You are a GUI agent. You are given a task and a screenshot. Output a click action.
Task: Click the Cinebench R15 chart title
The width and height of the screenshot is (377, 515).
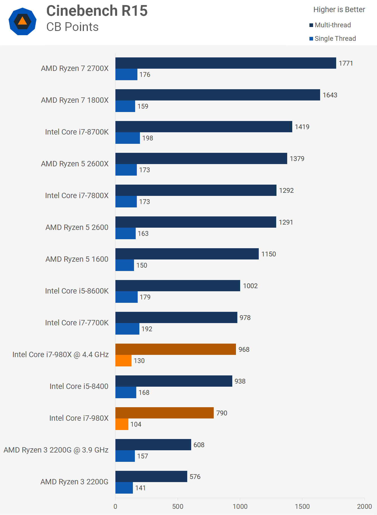[97, 11]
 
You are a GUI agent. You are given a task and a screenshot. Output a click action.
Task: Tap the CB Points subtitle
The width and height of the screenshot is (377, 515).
[72, 27]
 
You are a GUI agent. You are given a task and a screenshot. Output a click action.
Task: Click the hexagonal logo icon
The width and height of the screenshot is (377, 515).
[23, 21]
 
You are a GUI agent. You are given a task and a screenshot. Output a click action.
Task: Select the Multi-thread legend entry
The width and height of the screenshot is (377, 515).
[330, 25]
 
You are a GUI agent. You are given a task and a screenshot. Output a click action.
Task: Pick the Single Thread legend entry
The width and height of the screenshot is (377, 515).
[333, 39]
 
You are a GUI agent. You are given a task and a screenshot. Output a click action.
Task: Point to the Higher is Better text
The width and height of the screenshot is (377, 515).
[339, 10]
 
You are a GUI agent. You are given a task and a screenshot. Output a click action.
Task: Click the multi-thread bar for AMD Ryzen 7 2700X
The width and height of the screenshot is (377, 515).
[226, 63]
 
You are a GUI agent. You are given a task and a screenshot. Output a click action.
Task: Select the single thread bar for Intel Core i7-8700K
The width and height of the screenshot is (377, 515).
[128, 138]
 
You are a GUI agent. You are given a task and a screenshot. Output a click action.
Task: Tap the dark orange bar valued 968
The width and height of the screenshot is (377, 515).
[175, 349]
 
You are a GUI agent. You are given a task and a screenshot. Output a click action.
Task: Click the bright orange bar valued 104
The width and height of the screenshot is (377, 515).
[122, 424]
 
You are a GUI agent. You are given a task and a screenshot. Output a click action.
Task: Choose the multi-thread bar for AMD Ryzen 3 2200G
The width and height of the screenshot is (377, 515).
[151, 476]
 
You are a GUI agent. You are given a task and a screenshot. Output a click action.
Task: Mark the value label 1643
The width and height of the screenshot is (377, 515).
[330, 95]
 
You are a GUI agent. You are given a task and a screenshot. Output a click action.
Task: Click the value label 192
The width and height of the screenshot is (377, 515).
[147, 329]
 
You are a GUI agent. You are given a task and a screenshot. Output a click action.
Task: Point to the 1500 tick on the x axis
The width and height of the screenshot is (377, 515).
[302, 507]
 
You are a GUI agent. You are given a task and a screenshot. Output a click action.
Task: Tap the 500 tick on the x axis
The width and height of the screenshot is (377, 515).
[178, 507]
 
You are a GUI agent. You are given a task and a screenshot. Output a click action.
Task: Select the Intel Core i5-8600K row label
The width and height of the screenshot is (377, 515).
[77, 291]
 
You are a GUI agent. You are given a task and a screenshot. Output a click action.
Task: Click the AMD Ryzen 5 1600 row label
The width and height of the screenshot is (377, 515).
[77, 259]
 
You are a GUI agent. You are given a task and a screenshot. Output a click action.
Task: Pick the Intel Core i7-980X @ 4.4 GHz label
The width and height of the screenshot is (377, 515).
[60, 355]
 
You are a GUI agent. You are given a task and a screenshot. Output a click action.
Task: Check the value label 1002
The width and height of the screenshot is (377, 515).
[250, 286]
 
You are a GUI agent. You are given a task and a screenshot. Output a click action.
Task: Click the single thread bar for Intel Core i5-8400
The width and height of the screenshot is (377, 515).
[126, 393]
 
